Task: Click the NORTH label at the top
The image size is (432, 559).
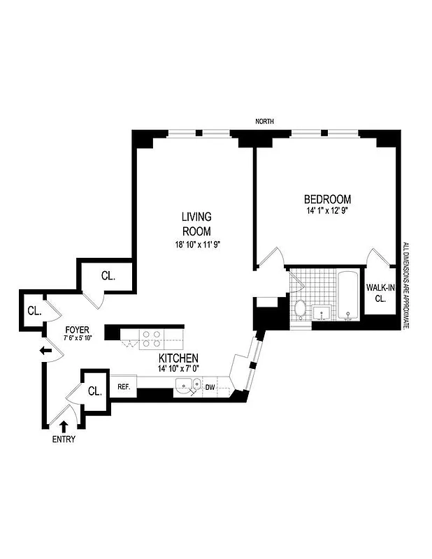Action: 264,122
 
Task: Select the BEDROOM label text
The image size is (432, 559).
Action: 328,199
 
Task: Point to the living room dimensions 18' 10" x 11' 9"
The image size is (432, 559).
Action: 203,245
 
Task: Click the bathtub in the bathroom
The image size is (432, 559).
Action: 347,298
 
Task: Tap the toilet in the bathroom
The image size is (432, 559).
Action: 301,307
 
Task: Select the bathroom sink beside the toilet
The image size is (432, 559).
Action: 322,311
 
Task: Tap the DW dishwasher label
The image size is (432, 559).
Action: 210,386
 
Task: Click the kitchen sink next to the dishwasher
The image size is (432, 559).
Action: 185,384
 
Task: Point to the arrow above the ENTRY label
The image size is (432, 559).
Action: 64,425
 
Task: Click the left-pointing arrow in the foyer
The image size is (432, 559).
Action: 47,351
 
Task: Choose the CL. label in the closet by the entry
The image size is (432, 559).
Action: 95,391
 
